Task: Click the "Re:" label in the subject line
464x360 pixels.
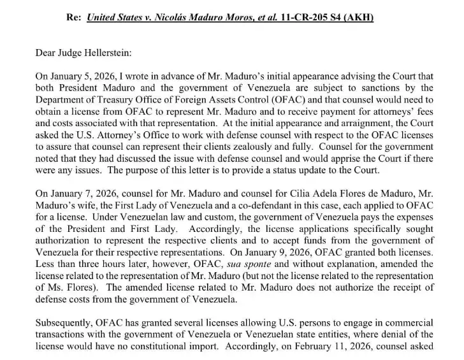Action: [75, 17]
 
